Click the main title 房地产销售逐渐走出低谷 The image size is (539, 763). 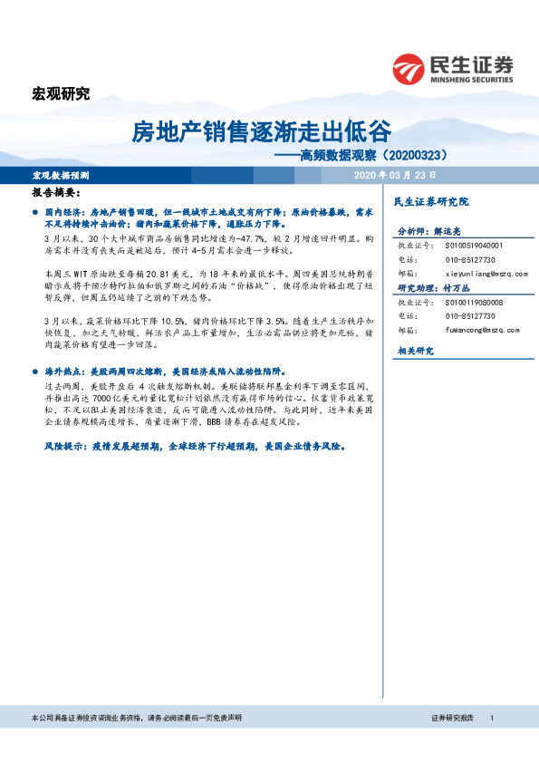pyautogui.click(x=262, y=131)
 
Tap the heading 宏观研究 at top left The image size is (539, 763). pyautogui.click(x=61, y=93)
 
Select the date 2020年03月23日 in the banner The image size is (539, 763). pyautogui.click(x=395, y=174)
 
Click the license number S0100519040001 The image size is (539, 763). pyautogui.click(x=476, y=245)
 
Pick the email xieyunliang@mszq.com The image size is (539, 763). pyautogui.click(x=487, y=271)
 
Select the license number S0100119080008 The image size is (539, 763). pyautogui.click(x=476, y=303)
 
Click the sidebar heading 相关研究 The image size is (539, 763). pyautogui.click(x=416, y=350)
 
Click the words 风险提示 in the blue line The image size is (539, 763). pyautogui.click(x=63, y=448)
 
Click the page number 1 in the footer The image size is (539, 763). pyautogui.click(x=491, y=718)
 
